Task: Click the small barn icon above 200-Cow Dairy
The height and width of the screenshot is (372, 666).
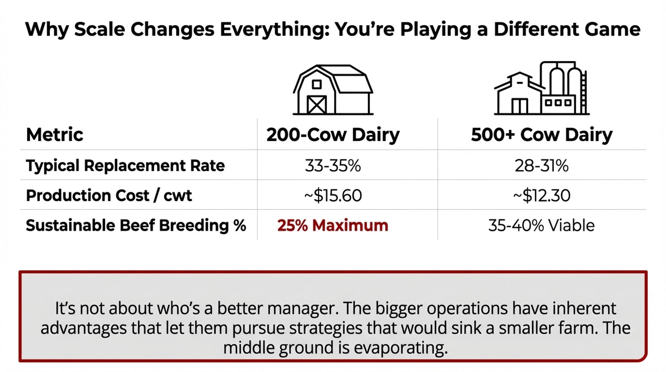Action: coord(333,90)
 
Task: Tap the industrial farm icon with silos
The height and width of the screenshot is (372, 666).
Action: coord(542,88)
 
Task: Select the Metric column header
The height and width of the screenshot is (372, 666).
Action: coord(55,135)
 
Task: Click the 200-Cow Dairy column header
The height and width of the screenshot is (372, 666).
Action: coord(333,135)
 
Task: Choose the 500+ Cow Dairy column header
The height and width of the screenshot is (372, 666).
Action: coord(542,135)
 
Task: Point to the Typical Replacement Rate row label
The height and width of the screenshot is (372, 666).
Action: coord(126,166)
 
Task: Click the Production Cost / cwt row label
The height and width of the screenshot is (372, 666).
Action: coord(109,195)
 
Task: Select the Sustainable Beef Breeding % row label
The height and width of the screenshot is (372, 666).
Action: coord(136,225)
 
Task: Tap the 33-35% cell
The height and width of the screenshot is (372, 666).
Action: coord(333,166)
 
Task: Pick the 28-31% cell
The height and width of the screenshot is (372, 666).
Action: coord(542,166)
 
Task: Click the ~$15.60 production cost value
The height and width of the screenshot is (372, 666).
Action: coord(333,195)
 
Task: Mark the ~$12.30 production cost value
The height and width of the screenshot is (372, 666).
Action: coord(542,195)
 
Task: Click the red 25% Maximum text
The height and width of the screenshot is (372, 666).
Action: coord(333,225)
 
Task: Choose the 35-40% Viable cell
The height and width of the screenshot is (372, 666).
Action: coord(542,225)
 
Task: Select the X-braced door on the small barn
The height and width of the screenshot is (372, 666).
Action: coord(317,105)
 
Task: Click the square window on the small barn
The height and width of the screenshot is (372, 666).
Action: coord(317,84)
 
